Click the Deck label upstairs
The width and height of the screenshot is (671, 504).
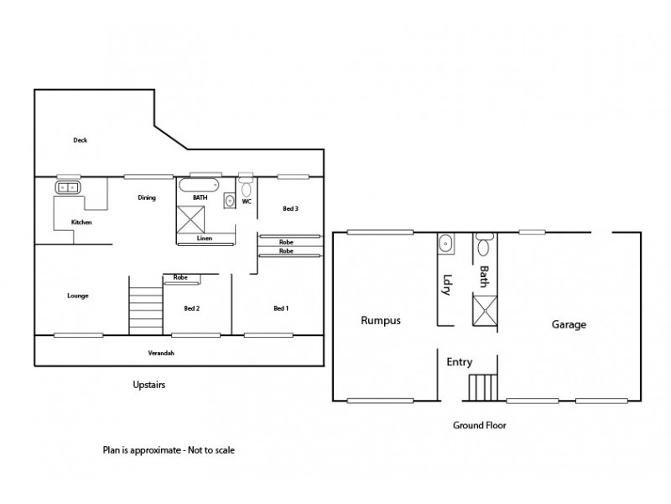tap(80, 140)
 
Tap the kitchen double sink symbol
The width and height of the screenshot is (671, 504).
tap(67, 186)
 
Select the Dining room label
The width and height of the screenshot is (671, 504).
tap(147, 198)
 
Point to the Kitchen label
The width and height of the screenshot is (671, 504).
tap(81, 222)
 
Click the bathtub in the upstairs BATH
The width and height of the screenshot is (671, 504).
tap(199, 185)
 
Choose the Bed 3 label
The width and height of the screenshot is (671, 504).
tap(290, 207)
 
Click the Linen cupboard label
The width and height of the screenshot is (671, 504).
tap(205, 239)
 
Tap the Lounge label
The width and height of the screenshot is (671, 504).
tap(78, 296)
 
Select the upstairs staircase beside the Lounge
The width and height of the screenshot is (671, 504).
tap(145, 309)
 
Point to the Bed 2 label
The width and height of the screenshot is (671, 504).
tap(191, 308)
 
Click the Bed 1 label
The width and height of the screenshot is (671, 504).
tap(281, 308)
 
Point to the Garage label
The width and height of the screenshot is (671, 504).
tap(569, 324)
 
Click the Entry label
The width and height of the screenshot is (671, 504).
tap(460, 363)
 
